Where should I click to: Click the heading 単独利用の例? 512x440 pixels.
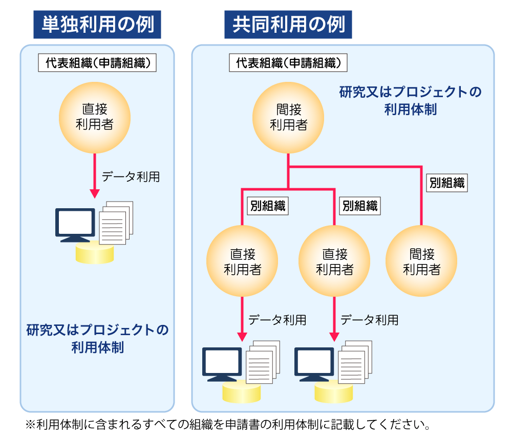click(97, 25)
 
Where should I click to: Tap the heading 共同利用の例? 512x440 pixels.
click(288, 25)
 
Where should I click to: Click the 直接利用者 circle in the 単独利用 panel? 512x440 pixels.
click(95, 117)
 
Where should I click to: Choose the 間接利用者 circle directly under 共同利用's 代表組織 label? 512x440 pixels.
click(289, 117)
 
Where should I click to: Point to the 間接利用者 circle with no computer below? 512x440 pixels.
click(421, 261)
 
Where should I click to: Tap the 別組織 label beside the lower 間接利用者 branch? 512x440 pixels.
click(447, 183)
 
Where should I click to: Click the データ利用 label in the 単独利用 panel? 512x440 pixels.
click(131, 177)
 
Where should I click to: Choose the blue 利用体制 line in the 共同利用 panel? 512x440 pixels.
click(411, 109)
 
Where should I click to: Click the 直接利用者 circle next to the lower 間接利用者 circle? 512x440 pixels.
click(334, 261)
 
